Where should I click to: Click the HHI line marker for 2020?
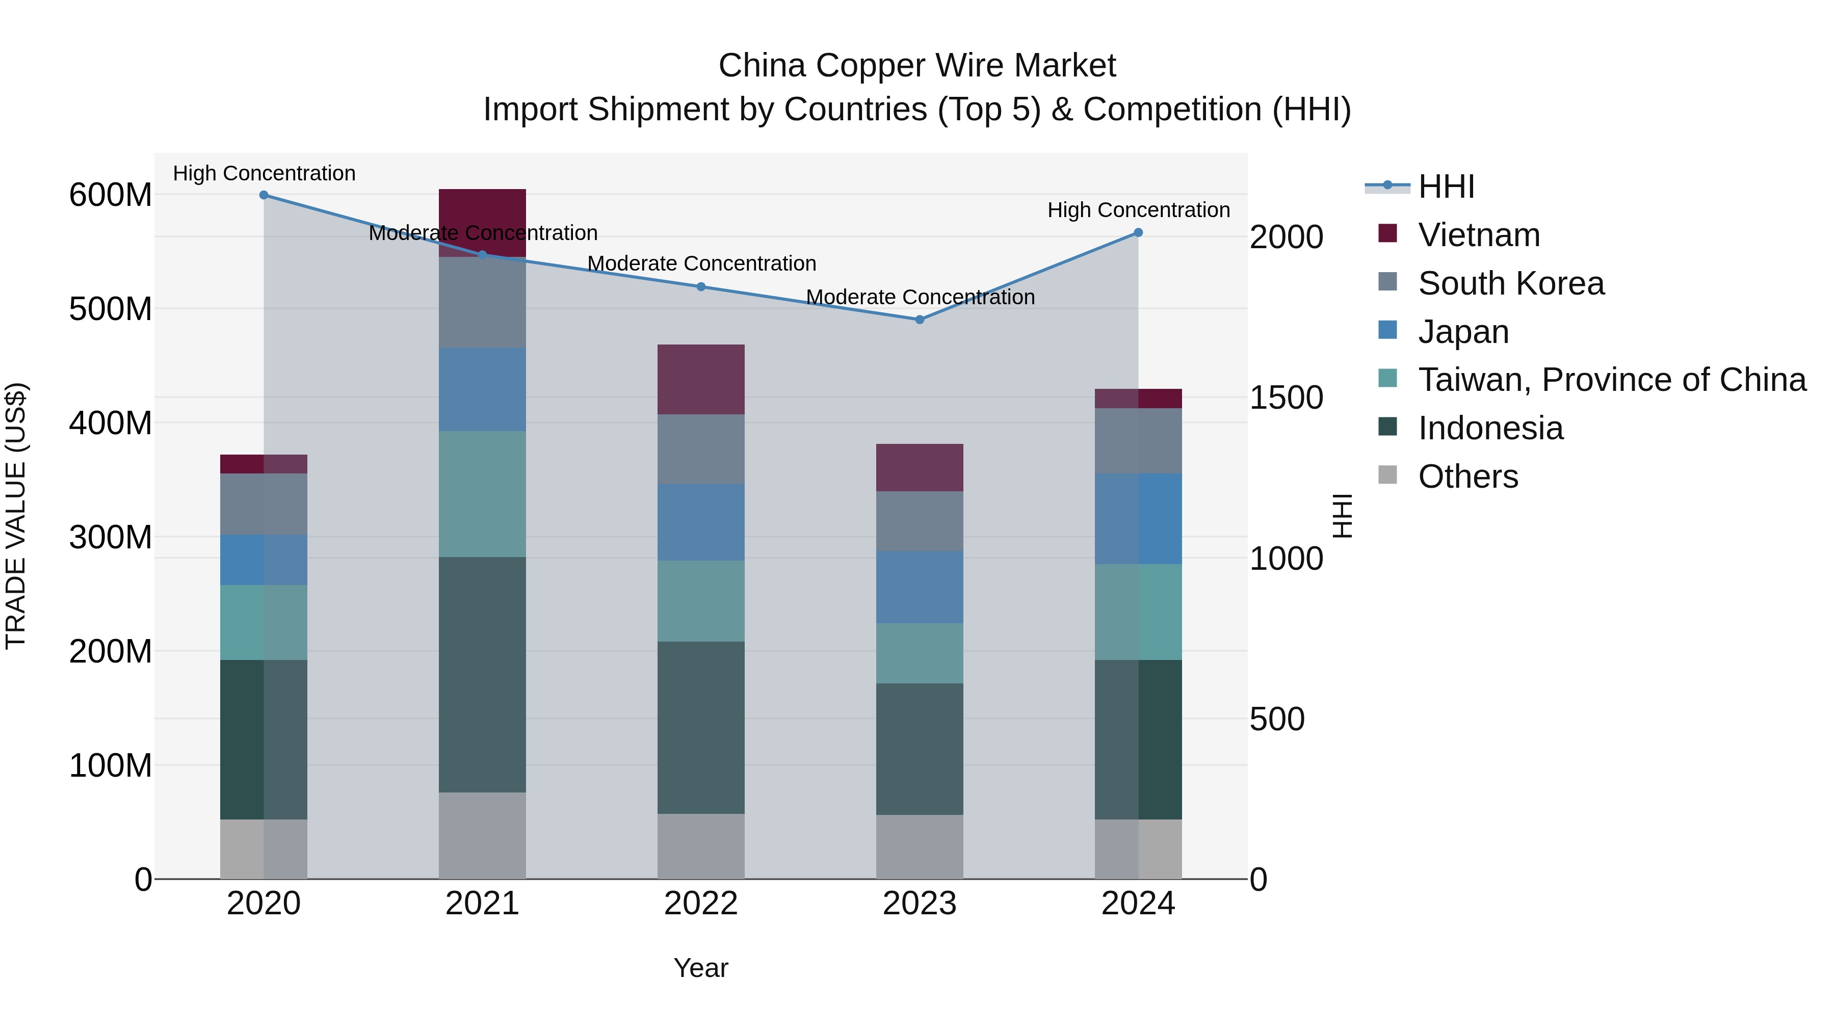(264, 195)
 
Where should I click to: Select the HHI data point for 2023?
(919, 320)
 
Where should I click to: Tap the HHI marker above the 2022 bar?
(701, 287)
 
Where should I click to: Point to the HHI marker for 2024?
(1138, 233)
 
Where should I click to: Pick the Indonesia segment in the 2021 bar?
(482, 674)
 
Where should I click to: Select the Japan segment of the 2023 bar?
(919, 587)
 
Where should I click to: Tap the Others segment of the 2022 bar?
(701, 846)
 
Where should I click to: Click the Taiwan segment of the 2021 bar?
(482, 493)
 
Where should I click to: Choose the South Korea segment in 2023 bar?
(919, 521)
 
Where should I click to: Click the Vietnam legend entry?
(1478, 235)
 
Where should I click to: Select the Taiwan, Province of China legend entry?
(1611, 380)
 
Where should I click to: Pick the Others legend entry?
(1467, 477)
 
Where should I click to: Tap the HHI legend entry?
(1446, 187)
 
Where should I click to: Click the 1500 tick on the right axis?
(1287, 398)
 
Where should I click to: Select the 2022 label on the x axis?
(701, 904)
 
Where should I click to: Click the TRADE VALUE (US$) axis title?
(16, 516)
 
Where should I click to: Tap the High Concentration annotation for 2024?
(1138, 210)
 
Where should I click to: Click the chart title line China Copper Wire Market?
(917, 66)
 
